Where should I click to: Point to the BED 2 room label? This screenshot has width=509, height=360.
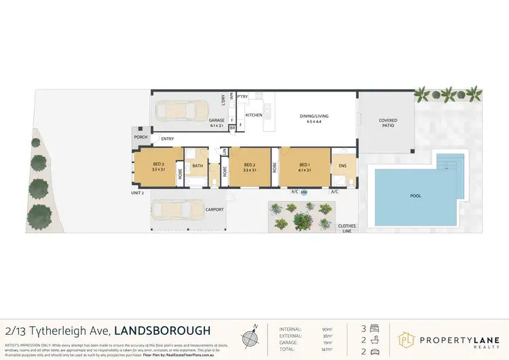click(249, 167)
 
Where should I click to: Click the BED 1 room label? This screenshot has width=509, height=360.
click(304, 167)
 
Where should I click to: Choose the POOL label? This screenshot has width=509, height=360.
click(415, 196)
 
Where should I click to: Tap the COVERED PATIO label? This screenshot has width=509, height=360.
click(388, 123)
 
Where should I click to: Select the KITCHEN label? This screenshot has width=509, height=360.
click(254, 115)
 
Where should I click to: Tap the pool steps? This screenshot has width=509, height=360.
click(450, 162)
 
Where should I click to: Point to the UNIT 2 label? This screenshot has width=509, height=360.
click(138, 193)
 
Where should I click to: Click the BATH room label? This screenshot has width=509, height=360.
click(197, 166)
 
